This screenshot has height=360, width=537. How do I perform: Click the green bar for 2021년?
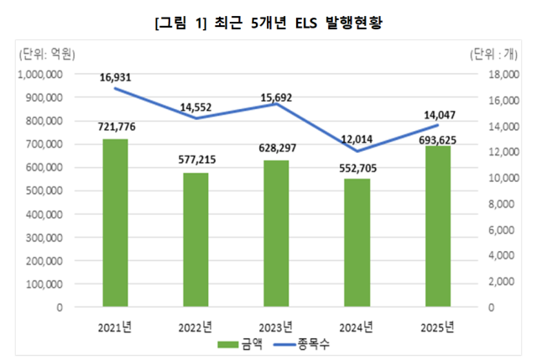point(114,223)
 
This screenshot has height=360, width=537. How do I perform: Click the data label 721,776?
point(114,127)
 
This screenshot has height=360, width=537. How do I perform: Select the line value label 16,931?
point(115,78)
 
